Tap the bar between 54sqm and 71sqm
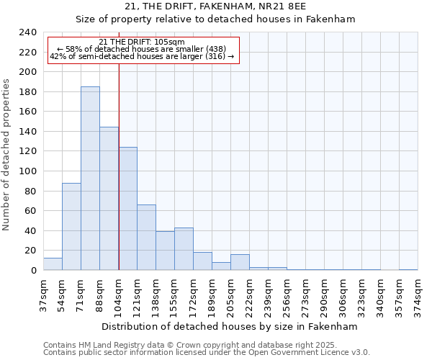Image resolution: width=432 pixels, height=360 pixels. tap(71, 227)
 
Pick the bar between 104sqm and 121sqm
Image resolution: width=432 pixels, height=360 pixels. tap(127, 209)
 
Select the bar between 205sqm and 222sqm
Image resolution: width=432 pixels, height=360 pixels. tap(240, 262)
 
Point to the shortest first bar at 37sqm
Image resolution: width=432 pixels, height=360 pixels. tap(53, 264)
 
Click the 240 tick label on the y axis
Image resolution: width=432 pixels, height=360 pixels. tap(27, 32)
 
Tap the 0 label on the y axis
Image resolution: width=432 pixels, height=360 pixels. tap(33, 271)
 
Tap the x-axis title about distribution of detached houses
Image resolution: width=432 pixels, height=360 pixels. tap(230, 326)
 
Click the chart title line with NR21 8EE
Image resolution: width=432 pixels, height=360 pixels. tap(215, 6)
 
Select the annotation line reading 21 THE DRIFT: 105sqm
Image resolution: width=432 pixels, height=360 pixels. tap(142, 42)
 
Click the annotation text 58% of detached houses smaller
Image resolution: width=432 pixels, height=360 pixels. tap(142, 49)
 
